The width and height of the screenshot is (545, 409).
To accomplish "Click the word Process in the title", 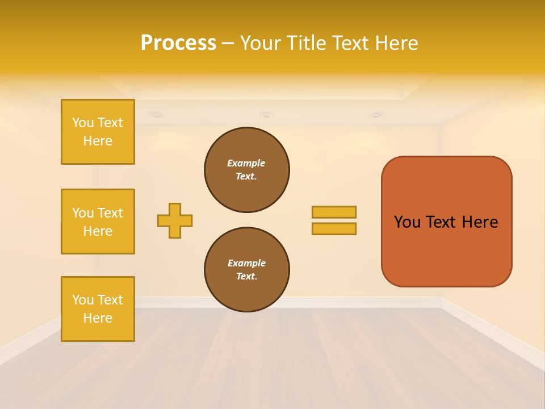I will click(178, 43).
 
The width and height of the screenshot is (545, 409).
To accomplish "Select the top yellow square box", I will click(98, 132).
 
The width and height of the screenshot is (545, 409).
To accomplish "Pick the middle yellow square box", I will click(98, 222).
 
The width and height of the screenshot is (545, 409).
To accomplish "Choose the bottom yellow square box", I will click(98, 309).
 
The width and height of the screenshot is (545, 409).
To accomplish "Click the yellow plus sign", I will click(175, 220).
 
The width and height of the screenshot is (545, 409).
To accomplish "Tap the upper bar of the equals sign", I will click(334, 212).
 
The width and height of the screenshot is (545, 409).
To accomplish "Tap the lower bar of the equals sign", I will click(334, 229).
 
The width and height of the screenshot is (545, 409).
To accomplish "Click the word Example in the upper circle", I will click(246, 163).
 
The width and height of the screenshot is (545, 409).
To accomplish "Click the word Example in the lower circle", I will click(246, 263).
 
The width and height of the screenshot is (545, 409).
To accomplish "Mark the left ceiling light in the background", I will click(156, 115).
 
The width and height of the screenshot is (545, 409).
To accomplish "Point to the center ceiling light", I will click(266, 115).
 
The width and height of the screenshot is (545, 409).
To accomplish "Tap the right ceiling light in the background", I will click(376, 115).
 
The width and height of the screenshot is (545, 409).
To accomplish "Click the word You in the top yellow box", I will click(83, 123).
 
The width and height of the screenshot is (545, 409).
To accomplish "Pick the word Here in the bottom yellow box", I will click(98, 318).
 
